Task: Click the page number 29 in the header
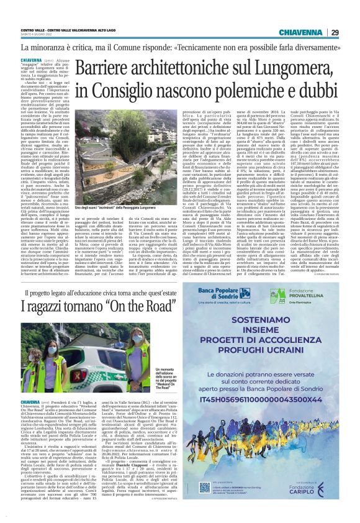click(335, 33)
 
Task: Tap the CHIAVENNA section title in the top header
click(302, 33)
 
